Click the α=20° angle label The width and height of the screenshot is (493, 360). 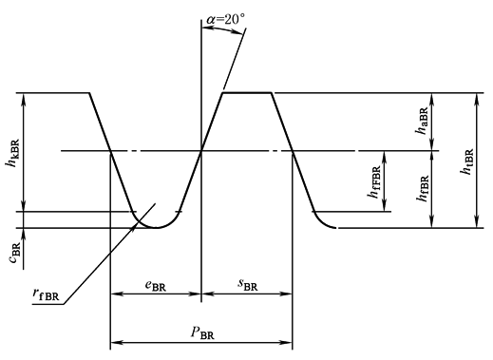click(x=225, y=20)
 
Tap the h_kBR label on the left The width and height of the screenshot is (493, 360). click(x=13, y=153)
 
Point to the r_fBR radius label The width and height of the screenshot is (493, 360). click(x=46, y=294)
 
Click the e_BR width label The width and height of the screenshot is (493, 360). click(x=156, y=285)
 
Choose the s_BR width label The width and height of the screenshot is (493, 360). click(x=248, y=284)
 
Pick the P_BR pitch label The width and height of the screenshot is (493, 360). click(x=202, y=332)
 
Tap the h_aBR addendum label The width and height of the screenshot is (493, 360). click(x=423, y=121)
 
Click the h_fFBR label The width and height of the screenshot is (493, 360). click(x=374, y=181)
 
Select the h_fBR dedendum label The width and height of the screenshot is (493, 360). click(x=423, y=188)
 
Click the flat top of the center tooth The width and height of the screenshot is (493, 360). click(x=247, y=93)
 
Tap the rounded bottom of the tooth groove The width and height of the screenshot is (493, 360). click(x=156, y=227)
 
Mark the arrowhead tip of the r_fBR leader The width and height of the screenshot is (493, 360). click(x=137, y=224)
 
